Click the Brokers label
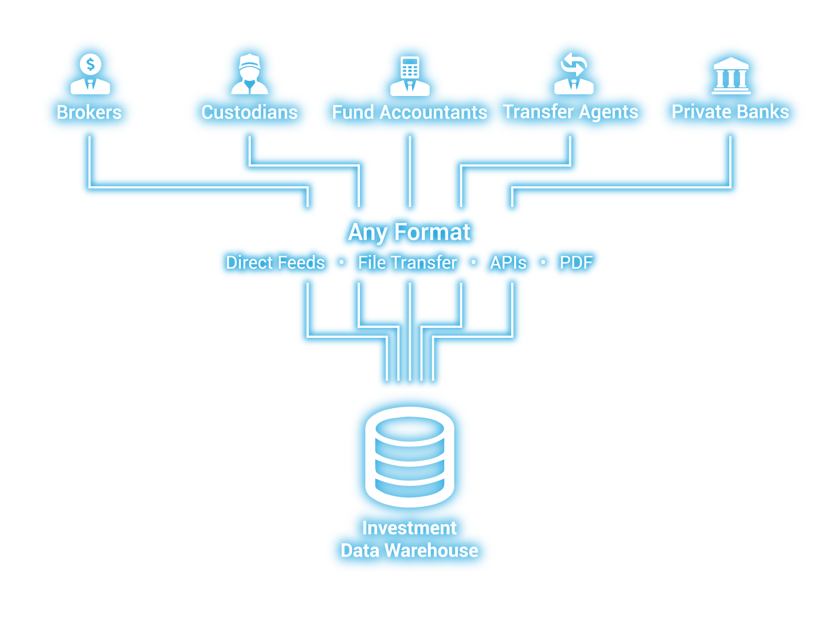[89, 112]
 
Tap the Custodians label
[249, 112]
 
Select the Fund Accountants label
[409, 112]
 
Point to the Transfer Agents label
[570, 112]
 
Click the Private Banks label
[730, 112]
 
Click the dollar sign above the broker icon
[90, 65]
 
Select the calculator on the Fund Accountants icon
[410, 67]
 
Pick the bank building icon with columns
[731, 77]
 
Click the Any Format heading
[409, 232]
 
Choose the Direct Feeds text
[275, 262]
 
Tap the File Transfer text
[407, 262]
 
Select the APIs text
[508, 262]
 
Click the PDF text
[576, 262]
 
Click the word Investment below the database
[409, 528]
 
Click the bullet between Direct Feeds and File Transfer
[342, 262]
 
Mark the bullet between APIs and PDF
[543, 262]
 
